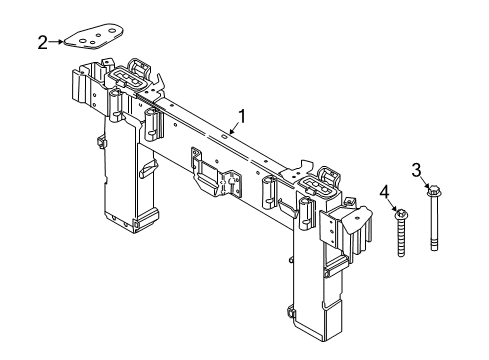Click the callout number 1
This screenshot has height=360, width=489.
tap(240, 115)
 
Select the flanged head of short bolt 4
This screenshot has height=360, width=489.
tap(400, 213)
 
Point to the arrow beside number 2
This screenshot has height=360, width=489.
tap(58, 42)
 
